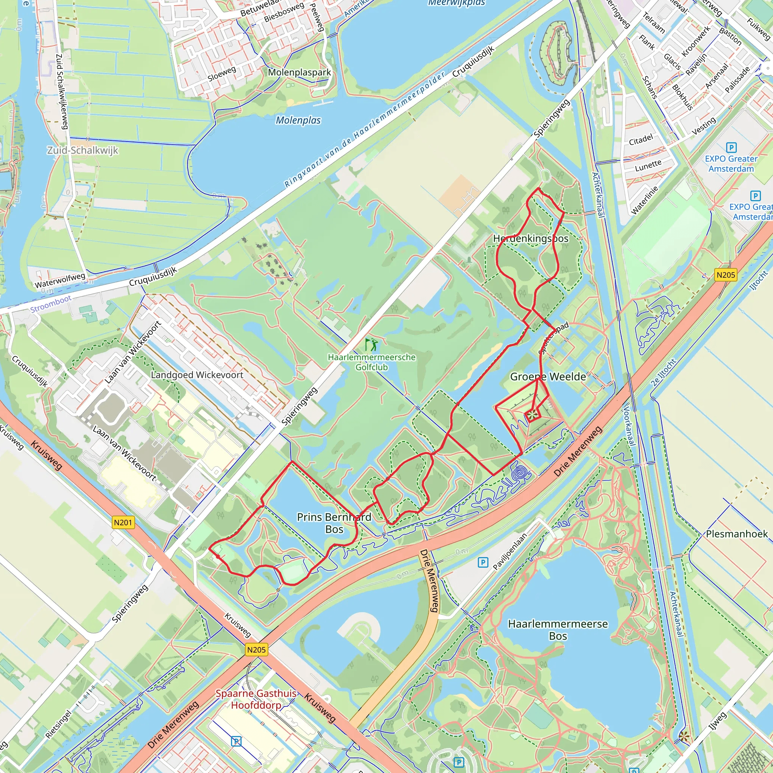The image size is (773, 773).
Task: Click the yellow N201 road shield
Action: click(x=123, y=522)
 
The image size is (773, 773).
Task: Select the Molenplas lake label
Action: click(x=298, y=120)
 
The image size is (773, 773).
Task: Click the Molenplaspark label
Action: click(x=299, y=72)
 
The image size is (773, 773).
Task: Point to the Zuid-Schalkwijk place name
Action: click(x=82, y=151)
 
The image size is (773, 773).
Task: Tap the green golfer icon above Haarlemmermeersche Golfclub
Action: click(x=371, y=344)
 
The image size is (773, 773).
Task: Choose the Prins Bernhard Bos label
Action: click(x=334, y=523)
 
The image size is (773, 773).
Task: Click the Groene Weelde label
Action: click(x=548, y=376)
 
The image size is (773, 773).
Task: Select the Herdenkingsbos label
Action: click(x=531, y=239)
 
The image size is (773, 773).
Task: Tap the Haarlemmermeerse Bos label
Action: click(x=558, y=630)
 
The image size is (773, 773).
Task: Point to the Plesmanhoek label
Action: click(x=737, y=534)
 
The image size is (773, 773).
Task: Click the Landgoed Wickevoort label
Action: click(x=197, y=375)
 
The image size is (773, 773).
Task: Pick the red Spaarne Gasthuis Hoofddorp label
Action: click(x=256, y=699)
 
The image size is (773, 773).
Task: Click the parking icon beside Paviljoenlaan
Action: click(x=483, y=562)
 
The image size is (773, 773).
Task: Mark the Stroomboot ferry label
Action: click(x=51, y=304)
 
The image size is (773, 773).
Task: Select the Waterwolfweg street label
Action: click(x=60, y=280)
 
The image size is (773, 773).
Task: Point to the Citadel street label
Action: click(x=641, y=140)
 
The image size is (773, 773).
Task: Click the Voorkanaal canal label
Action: click(x=629, y=427)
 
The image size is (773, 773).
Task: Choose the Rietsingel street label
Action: click(x=59, y=724)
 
